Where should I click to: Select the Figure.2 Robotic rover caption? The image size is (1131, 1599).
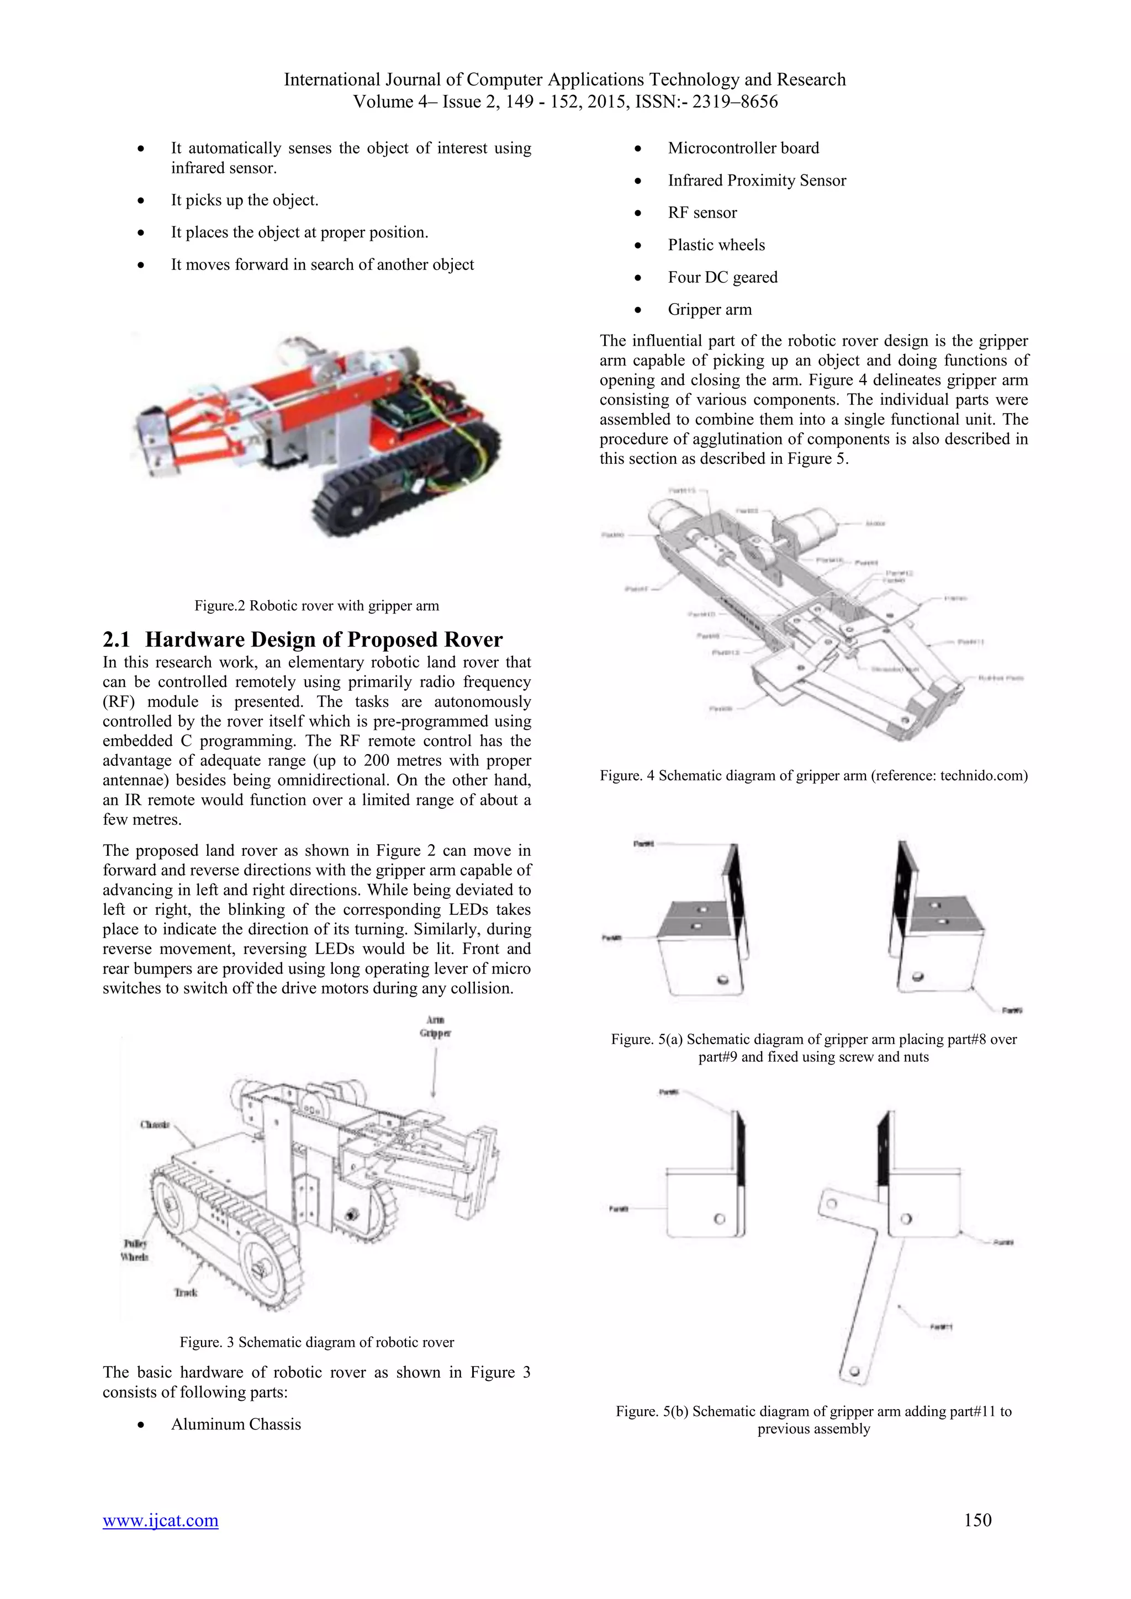(316, 606)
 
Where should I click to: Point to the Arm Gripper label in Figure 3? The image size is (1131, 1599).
(435, 1027)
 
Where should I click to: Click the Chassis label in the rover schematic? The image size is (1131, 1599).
(155, 1125)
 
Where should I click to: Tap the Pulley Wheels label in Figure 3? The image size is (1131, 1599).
(134, 1250)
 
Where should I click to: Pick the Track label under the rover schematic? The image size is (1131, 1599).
(185, 1293)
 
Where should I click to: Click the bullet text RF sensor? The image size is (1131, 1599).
(702, 213)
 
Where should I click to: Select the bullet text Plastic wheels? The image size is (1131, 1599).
(716, 245)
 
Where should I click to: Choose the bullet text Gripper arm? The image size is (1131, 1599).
(710, 310)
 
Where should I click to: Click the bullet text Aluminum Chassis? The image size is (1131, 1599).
(236, 1424)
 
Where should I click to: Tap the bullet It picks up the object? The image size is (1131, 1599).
(245, 200)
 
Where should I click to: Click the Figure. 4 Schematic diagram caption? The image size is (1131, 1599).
(813, 776)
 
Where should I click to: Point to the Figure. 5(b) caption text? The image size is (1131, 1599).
(813, 1420)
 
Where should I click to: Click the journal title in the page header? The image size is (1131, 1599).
(565, 80)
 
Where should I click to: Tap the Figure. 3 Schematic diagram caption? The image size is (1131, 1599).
(316, 1343)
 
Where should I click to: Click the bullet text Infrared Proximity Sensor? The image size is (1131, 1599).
(757, 181)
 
